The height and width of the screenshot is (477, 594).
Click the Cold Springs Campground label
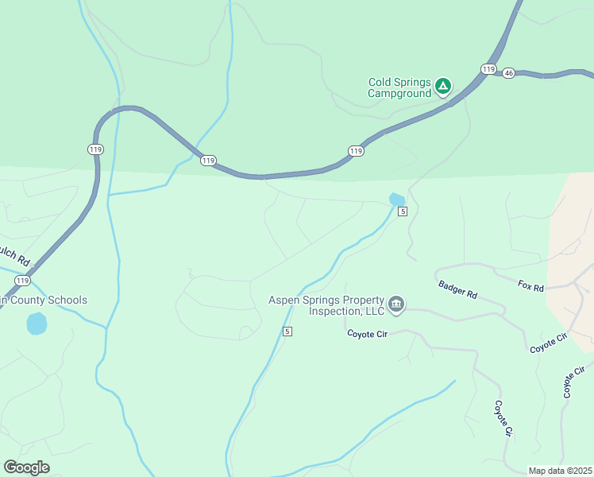pyautogui.click(x=399, y=87)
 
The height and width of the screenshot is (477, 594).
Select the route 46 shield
pyautogui.click(x=509, y=73)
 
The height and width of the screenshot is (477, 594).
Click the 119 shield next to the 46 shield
pyautogui.click(x=488, y=69)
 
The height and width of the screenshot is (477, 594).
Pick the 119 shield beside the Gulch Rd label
pyautogui.click(x=22, y=281)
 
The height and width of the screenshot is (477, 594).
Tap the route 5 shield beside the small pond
pyautogui.click(x=403, y=211)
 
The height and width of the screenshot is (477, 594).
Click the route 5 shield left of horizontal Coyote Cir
pyautogui.click(x=287, y=331)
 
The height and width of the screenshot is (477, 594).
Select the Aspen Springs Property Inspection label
pyautogui.click(x=326, y=305)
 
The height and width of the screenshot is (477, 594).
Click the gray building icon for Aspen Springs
pyautogui.click(x=396, y=304)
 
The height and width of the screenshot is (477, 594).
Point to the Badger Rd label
pyautogui.click(x=457, y=289)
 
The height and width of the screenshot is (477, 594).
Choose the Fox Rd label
pyautogui.click(x=530, y=286)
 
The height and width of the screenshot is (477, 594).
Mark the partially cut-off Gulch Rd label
pyautogui.click(x=13, y=256)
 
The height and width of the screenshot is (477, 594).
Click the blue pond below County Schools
pyautogui.click(x=37, y=324)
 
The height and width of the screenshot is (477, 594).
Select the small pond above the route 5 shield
pyautogui.click(x=397, y=199)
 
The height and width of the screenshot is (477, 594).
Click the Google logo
pyautogui.click(x=26, y=467)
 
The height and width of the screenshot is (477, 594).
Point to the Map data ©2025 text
pyautogui.click(x=560, y=471)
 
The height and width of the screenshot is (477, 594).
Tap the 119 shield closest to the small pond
pyautogui.click(x=356, y=150)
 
